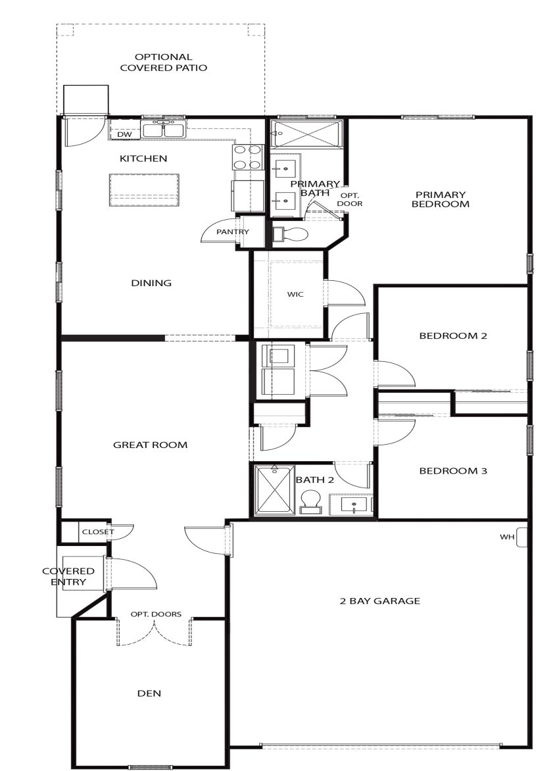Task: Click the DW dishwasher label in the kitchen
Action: pyautogui.click(x=124, y=135)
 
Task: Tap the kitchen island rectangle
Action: pyautogui.click(x=144, y=190)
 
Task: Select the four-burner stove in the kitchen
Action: pyautogui.click(x=247, y=157)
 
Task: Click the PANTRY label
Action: pyautogui.click(x=233, y=232)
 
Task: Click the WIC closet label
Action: pyautogui.click(x=295, y=294)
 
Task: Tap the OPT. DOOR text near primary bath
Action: pyautogui.click(x=350, y=199)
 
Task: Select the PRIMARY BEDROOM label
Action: pyautogui.click(x=440, y=199)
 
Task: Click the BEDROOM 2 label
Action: pyautogui.click(x=453, y=336)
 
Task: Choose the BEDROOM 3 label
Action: pyautogui.click(x=453, y=471)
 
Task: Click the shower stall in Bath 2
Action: pyautogui.click(x=272, y=490)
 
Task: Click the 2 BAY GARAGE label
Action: pyautogui.click(x=379, y=601)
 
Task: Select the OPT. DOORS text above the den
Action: pyautogui.click(x=156, y=614)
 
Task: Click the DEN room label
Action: pyautogui.click(x=149, y=693)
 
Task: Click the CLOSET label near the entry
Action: pyautogui.click(x=97, y=532)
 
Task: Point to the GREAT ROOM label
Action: pyautogui.click(x=150, y=445)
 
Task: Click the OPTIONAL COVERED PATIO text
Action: pyautogui.click(x=163, y=62)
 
